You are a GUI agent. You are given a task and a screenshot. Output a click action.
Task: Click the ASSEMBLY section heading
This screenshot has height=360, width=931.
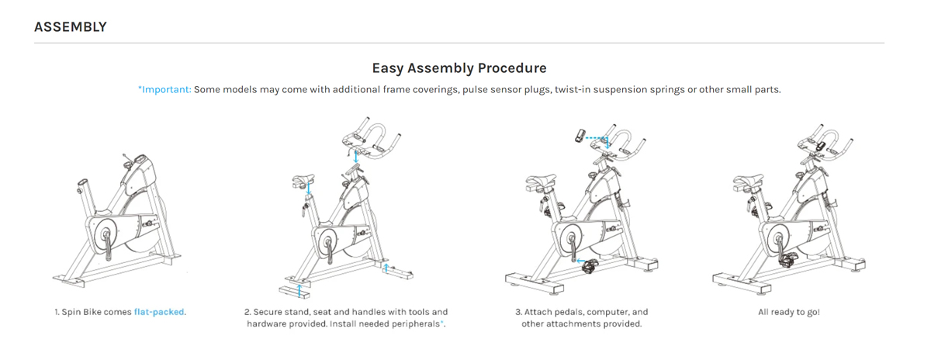coord(71,27)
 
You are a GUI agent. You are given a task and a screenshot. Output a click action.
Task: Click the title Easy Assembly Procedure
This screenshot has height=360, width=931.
coord(459,68)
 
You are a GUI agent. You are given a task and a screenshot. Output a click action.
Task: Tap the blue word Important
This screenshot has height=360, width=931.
coord(166,89)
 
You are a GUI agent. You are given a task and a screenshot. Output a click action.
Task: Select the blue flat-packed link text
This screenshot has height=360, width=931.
coord(159,312)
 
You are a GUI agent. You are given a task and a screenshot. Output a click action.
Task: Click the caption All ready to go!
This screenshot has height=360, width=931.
coord(789,312)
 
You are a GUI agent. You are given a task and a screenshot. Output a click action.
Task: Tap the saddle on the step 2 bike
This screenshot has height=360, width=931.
coord(303,181)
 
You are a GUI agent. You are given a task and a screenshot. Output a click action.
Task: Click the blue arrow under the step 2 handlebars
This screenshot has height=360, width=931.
coord(356,156)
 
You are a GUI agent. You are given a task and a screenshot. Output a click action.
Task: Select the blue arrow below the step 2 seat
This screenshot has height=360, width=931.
coord(309,188)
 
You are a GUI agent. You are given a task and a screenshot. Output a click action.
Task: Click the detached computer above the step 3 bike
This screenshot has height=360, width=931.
coord(580,136)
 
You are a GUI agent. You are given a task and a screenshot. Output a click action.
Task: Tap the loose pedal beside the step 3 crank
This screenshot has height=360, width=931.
coord(590,265)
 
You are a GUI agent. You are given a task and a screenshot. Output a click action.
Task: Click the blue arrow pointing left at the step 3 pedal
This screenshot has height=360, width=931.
coord(580,261)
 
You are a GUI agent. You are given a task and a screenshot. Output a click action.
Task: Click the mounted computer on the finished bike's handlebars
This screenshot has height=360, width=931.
coord(821,147)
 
